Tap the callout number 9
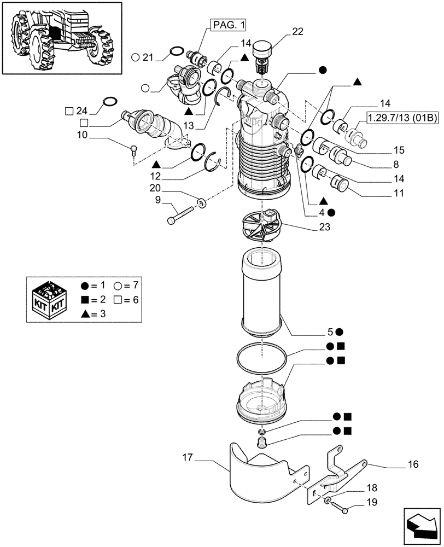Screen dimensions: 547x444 (159, 200)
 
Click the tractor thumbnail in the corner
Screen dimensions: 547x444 (61, 37)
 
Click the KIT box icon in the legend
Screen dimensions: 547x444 (48, 299)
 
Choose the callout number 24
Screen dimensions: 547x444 (83, 110)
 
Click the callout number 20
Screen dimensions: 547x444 (157, 187)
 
